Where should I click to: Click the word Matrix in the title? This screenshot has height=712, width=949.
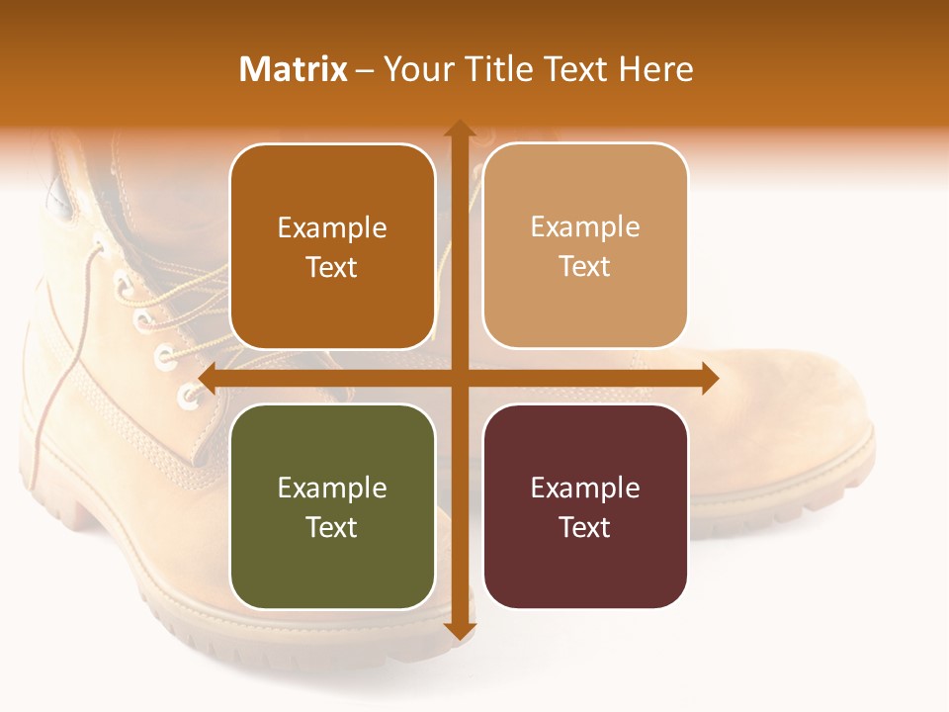(293, 69)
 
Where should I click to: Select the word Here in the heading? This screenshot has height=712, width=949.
(655, 69)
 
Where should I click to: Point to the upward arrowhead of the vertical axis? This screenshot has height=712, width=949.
(459, 129)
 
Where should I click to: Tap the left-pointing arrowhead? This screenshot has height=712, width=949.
(209, 379)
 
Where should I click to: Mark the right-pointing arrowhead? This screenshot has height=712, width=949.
(708, 379)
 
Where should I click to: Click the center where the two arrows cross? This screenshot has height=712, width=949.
(459, 379)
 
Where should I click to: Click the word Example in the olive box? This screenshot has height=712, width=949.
(332, 489)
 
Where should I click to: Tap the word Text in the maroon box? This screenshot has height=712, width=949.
(585, 528)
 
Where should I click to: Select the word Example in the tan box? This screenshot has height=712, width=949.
(585, 227)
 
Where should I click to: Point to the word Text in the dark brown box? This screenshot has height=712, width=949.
(332, 268)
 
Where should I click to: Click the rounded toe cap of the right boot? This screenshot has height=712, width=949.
(811, 415)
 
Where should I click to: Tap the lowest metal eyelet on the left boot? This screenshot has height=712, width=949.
(189, 399)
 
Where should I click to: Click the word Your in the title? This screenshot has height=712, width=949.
(419, 69)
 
